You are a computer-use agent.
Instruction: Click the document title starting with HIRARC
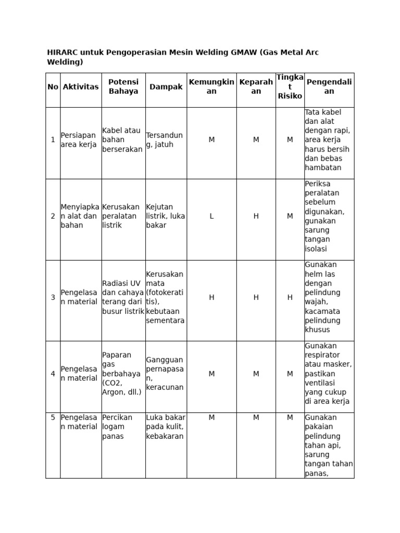click(x=182, y=57)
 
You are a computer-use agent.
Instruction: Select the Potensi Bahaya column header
click(x=123, y=87)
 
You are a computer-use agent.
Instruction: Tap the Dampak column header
click(x=166, y=87)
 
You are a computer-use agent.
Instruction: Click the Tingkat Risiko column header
click(x=290, y=87)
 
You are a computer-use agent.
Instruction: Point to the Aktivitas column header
click(x=81, y=87)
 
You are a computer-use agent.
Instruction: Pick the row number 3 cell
click(x=53, y=297)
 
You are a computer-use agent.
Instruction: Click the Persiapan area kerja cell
click(x=79, y=140)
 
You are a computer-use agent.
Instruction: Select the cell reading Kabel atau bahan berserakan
click(x=122, y=140)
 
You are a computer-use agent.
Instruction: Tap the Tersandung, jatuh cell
click(x=165, y=140)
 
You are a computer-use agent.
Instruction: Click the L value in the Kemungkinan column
click(x=211, y=216)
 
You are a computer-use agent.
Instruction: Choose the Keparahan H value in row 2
click(x=256, y=216)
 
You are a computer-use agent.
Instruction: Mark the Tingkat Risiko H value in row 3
click(x=290, y=297)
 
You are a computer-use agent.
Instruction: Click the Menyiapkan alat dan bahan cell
click(x=79, y=216)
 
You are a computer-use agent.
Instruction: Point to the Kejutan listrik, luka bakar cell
click(x=166, y=216)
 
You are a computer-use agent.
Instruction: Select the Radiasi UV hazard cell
click(x=123, y=297)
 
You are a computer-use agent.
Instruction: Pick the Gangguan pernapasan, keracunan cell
click(x=165, y=373)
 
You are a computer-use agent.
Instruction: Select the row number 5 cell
click(x=53, y=417)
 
